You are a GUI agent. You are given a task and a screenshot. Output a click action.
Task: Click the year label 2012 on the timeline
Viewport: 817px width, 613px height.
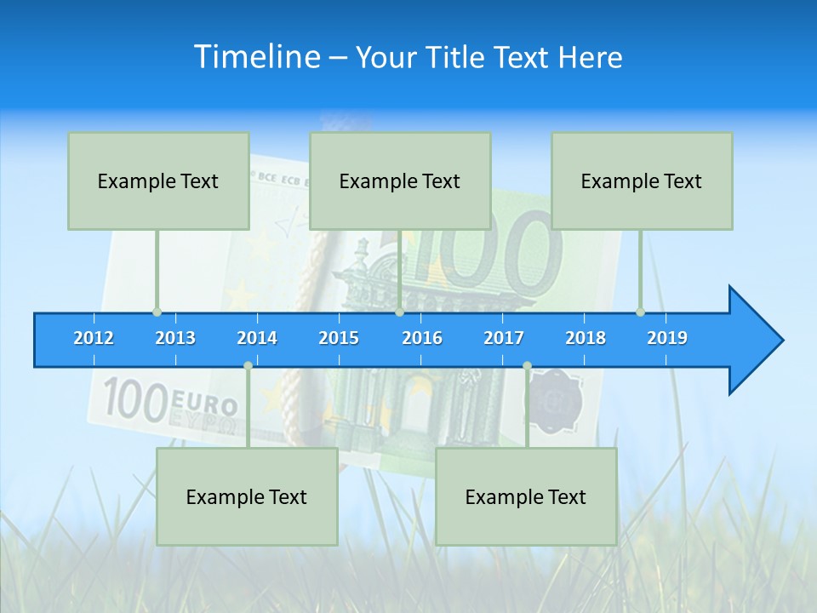click(x=94, y=338)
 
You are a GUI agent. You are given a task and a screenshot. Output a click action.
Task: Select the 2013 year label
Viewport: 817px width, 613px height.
click(x=175, y=338)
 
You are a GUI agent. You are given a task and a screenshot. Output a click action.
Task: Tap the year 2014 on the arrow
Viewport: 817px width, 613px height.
click(x=257, y=338)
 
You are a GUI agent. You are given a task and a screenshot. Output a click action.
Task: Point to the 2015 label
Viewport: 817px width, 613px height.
click(x=339, y=338)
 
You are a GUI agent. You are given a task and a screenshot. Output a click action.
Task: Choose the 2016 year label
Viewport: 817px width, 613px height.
click(x=422, y=338)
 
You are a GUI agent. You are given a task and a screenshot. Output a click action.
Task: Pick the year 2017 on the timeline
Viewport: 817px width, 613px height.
click(x=504, y=338)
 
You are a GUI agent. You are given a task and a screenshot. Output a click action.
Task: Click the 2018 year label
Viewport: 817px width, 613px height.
click(x=586, y=338)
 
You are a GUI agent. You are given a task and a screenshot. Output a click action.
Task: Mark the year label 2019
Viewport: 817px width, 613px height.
click(x=667, y=338)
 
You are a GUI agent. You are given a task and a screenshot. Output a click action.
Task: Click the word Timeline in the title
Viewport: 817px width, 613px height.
click(x=256, y=57)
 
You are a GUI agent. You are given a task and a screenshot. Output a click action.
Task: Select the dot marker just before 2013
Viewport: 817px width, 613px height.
click(x=157, y=312)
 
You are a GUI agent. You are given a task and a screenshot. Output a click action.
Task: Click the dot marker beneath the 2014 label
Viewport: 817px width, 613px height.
click(x=248, y=366)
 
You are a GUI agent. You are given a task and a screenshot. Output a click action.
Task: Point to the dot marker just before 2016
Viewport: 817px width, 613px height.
click(x=399, y=312)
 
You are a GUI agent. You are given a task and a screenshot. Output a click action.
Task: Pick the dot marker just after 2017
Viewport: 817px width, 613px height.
click(x=527, y=366)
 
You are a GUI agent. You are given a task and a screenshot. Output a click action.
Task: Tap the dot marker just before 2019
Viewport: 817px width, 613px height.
click(x=640, y=312)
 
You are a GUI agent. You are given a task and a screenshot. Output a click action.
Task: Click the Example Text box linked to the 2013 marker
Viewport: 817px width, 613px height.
click(x=158, y=180)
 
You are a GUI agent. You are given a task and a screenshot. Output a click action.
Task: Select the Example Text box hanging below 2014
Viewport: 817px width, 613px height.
click(x=247, y=496)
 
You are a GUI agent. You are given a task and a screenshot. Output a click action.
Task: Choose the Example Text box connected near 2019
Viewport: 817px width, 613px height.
click(x=642, y=180)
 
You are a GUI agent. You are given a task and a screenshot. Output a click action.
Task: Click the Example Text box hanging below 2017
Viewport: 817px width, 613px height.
click(x=526, y=496)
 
